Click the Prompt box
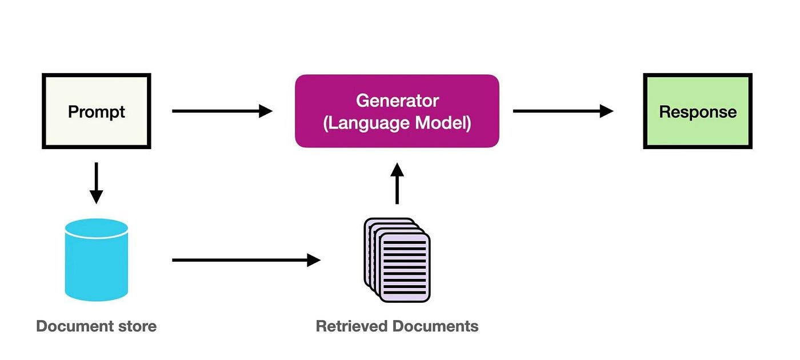click(96, 111)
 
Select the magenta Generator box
click(397, 111)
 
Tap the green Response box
click(698, 111)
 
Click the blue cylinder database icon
click(96, 260)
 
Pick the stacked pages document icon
click(397, 260)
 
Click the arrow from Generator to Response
click(563, 111)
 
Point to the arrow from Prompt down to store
click(96, 183)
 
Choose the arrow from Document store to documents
click(246, 260)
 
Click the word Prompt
click(96, 111)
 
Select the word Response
click(698, 111)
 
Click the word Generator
click(397, 101)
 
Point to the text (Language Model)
click(397, 123)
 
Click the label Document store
click(96, 326)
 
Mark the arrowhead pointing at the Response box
click(606, 111)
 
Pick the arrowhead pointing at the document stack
click(314, 260)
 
